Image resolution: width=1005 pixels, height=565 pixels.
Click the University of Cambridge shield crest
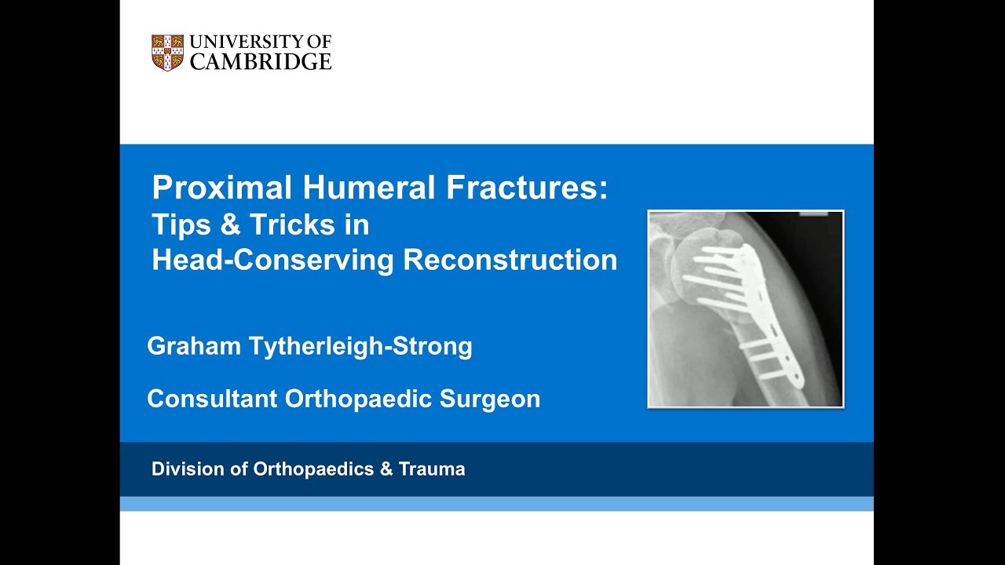[x=167, y=53]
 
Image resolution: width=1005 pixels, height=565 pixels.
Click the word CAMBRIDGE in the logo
[x=261, y=62]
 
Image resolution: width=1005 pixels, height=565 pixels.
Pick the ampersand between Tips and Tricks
[x=231, y=225]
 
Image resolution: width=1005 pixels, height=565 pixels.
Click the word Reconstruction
[x=510, y=261]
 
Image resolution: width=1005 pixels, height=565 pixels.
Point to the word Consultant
[x=211, y=399]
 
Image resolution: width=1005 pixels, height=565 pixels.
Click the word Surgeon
[x=490, y=399]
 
